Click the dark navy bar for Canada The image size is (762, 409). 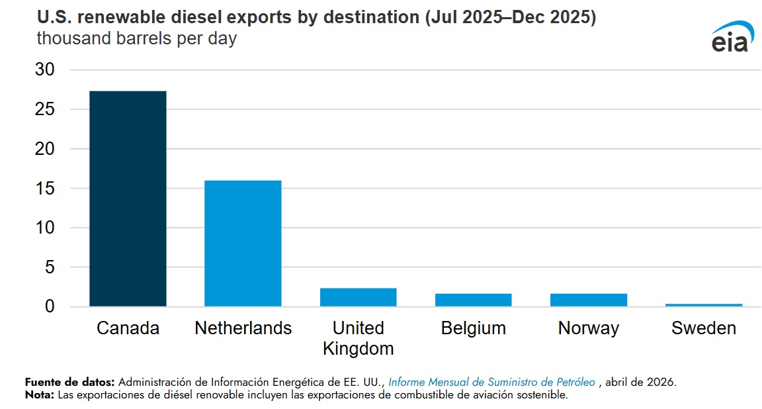[128, 199]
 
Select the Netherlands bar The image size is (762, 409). [243, 243]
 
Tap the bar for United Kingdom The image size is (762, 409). [358, 297]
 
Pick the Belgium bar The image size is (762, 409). [474, 300]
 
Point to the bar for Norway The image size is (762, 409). [589, 300]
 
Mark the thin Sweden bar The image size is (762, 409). [704, 305]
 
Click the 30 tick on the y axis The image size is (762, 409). [45, 69]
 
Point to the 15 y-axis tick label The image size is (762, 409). [45, 188]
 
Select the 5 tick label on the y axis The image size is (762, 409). [50, 267]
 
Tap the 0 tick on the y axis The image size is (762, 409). [50, 306]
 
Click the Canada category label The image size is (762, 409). [128, 328]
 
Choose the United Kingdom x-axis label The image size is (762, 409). [358, 338]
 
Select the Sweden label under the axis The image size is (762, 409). [704, 328]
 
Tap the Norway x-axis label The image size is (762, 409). [589, 329]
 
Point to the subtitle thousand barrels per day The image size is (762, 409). [136, 38]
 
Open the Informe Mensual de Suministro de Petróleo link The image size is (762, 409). [492, 383]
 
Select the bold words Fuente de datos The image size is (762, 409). [69, 383]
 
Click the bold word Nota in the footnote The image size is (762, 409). [40, 395]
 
